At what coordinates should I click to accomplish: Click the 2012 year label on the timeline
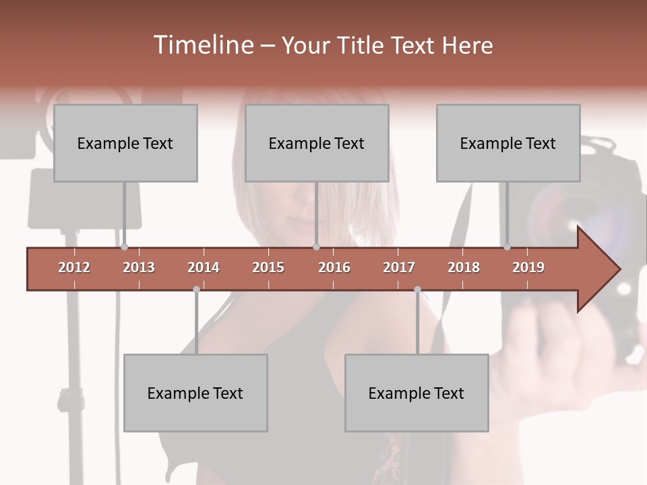pyautogui.click(x=74, y=267)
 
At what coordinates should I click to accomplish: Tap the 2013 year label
pyautogui.click(x=139, y=267)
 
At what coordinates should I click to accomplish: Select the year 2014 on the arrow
pyautogui.click(x=204, y=267)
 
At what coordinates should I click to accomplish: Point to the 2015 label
pyautogui.click(x=268, y=267)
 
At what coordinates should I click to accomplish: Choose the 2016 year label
pyautogui.click(x=334, y=267)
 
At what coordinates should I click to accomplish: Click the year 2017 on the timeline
pyautogui.click(x=399, y=267)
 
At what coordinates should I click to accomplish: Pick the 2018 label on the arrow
pyautogui.click(x=464, y=267)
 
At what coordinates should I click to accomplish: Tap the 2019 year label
pyautogui.click(x=528, y=267)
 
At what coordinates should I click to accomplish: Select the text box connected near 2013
pyautogui.click(x=125, y=143)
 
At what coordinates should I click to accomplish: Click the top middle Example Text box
pyautogui.click(x=317, y=143)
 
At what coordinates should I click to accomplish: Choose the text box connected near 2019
pyautogui.click(x=508, y=143)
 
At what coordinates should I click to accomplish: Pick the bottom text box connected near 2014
pyautogui.click(x=195, y=393)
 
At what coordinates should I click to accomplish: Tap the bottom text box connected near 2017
pyautogui.click(x=417, y=393)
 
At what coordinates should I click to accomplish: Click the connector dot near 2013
pyautogui.click(x=124, y=247)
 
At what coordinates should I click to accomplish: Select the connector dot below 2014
pyautogui.click(x=196, y=290)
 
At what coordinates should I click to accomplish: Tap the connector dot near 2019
pyautogui.click(x=507, y=247)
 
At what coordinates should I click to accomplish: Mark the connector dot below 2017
pyautogui.click(x=417, y=290)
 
